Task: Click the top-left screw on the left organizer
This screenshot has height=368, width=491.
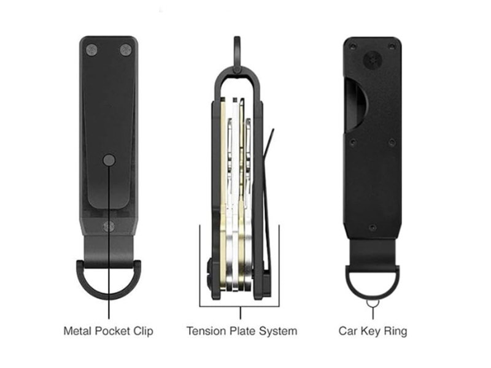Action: [92, 49]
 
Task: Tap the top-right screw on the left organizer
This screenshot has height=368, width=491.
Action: [125, 49]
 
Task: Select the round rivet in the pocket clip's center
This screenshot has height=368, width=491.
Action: [109, 160]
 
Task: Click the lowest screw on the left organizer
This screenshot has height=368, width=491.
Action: [109, 226]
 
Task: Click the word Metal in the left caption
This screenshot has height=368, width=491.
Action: [79, 331]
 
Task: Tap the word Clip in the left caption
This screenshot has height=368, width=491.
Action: [142, 331]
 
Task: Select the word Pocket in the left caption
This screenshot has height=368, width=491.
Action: [112, 331]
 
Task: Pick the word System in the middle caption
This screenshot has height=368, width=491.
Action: [278, 331]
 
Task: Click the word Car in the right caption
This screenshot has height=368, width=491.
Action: [348, 331]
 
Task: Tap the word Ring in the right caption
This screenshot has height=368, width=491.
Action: [395, 331]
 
